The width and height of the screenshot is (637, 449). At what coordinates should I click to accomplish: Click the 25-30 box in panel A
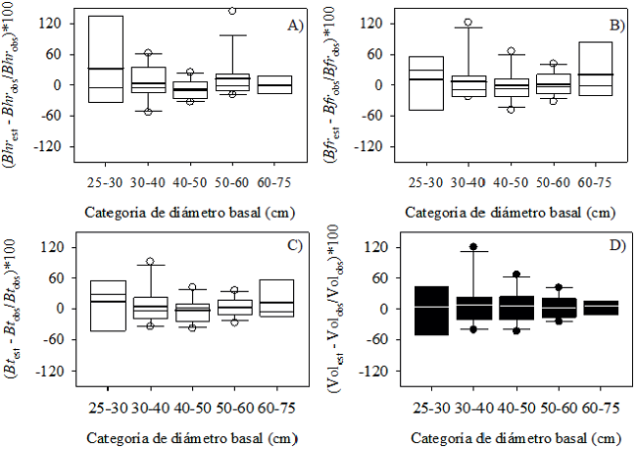point(106,59)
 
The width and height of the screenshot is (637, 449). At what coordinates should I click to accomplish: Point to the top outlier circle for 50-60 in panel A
point(233,11)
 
